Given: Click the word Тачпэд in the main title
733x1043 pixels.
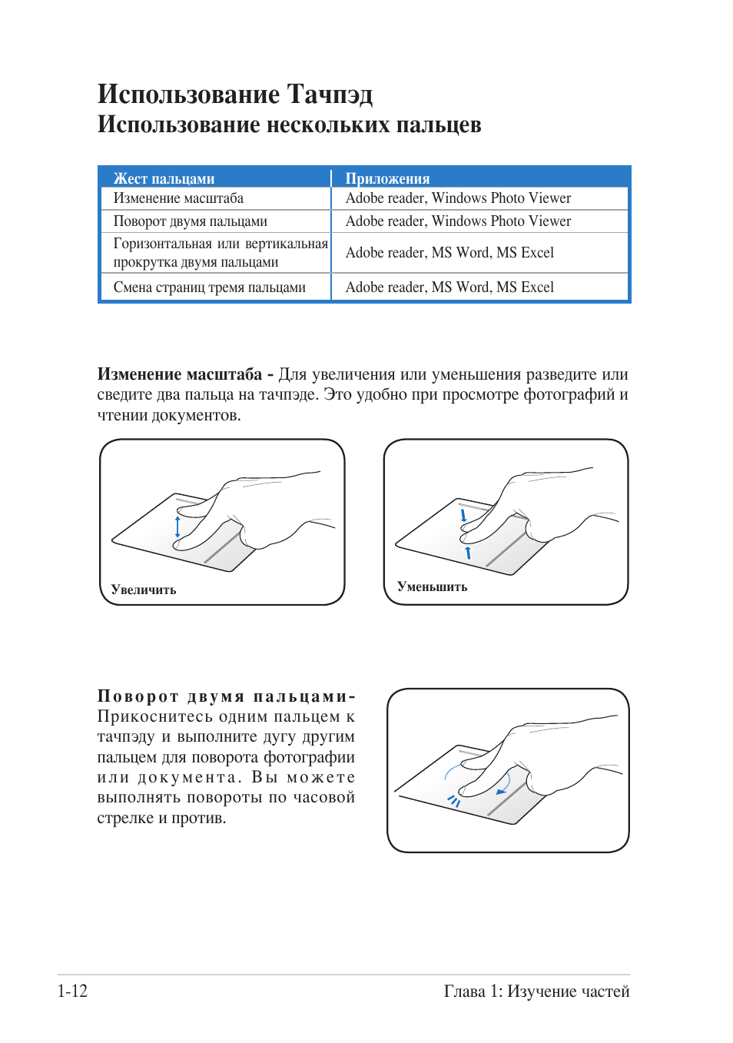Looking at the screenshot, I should click(330, 94).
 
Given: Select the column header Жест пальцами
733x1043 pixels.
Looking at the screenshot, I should click(164, 178).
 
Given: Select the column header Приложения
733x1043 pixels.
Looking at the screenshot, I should click(387, 178).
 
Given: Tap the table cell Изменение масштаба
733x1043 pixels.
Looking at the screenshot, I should click(178, 198).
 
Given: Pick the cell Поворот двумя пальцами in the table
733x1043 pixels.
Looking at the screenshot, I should click(190, 221).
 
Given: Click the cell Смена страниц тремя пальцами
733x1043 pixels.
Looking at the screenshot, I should click(209, 287).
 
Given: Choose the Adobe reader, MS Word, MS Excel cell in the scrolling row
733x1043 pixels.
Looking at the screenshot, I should click(449, 253).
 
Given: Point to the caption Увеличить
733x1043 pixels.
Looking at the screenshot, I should click(144, 590).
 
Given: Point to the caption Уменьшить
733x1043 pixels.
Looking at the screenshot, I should click(432, 586).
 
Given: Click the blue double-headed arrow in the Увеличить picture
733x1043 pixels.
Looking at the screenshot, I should click(177, 526).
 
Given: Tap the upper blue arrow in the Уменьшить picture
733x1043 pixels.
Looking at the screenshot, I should click(463, 515).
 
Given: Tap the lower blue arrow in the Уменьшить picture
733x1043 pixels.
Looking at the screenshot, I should click(468, 552).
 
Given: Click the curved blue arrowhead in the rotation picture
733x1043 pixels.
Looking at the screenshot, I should click(502, 790).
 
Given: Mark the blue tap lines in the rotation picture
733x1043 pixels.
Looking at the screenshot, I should click(454, 801).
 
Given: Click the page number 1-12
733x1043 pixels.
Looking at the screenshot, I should click(72, 991).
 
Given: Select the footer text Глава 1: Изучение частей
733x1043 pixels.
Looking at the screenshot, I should click(536, 992).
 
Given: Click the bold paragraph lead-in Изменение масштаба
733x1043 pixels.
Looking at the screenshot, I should click(179, 374).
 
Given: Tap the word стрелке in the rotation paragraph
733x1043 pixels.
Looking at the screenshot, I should click(125, 818).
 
